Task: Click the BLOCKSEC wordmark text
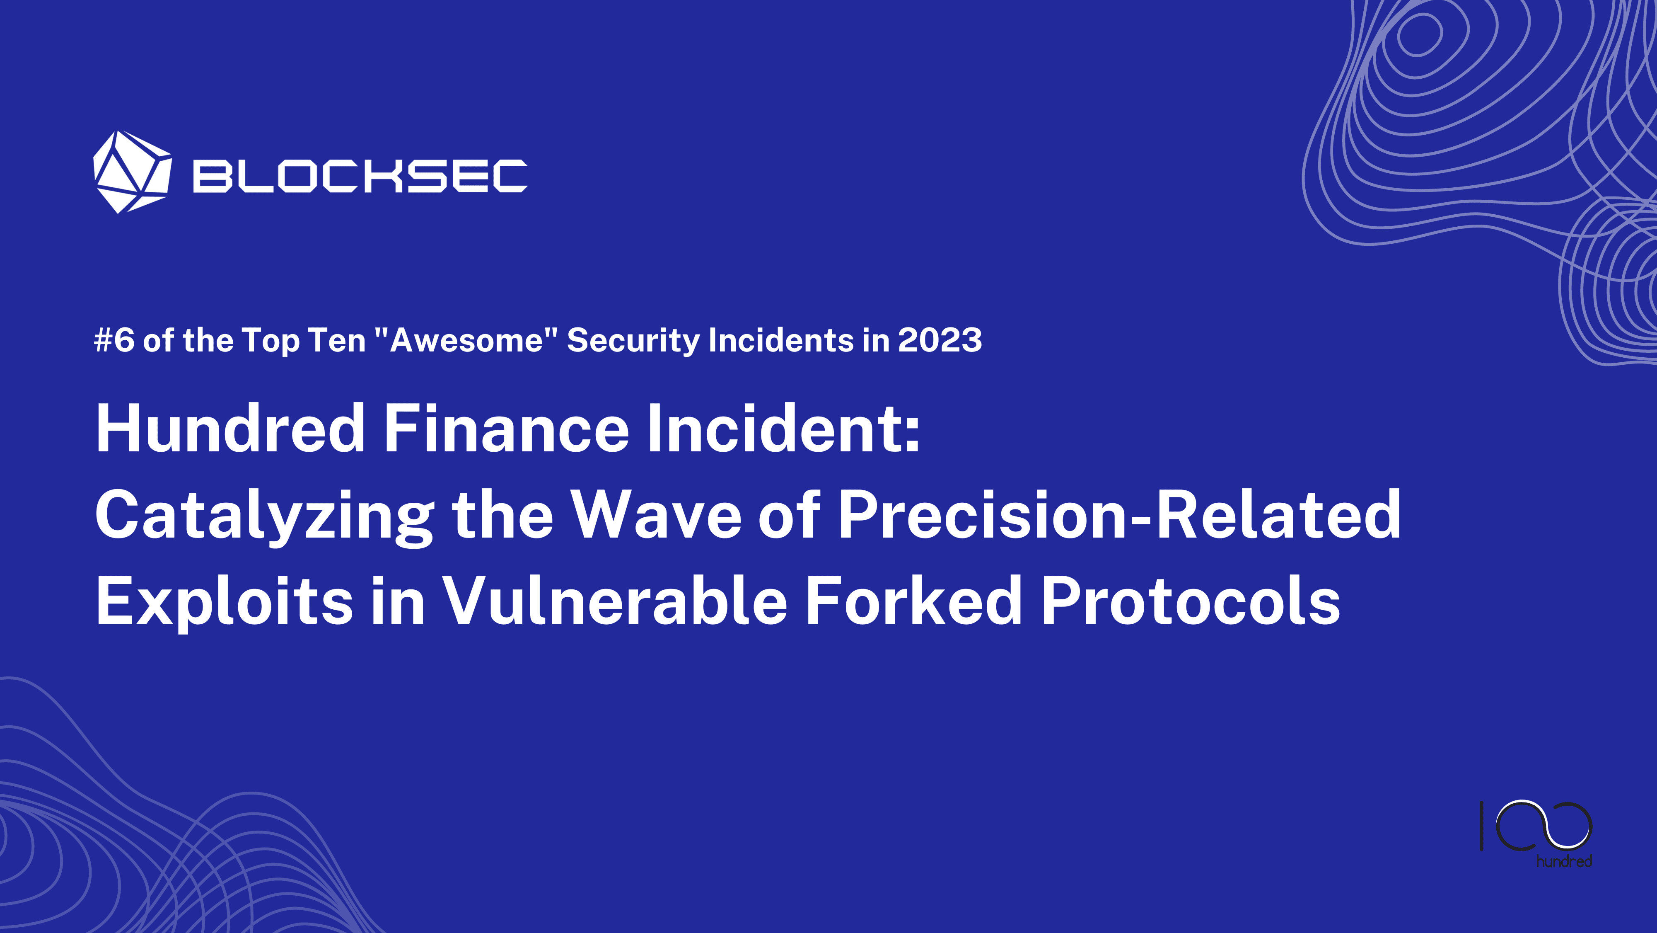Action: pyautogui.click(x=360, y=176)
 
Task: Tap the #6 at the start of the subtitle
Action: pyautogui.click(x=114, y=340)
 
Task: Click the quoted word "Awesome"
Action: pyautogui.click(x=466, y=340)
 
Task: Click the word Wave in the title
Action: pyautogui.click(x=657, y=515)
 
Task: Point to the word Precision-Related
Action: pyautogui.click(x=1119, y=515)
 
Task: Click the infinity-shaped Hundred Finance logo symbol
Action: pyautogui.click(x=1544, y=826)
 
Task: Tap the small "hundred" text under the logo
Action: pyautogui.click(x=1564, y=861)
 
